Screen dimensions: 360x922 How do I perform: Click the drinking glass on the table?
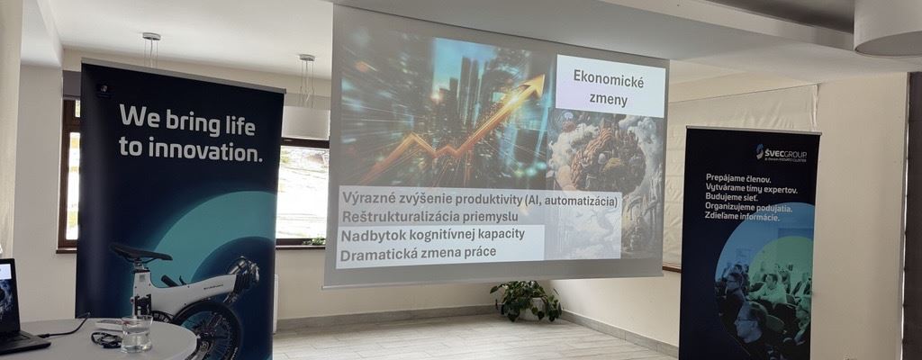[137, 332]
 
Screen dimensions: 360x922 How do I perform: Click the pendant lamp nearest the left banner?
[150, 50]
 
